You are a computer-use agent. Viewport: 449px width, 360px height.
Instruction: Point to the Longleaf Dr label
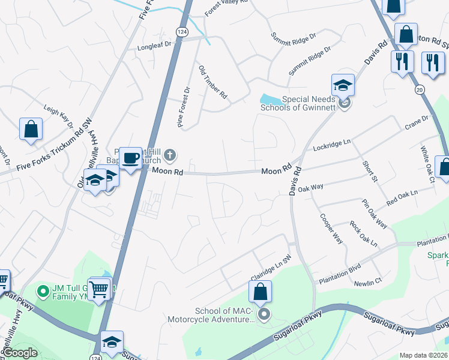point(154,44)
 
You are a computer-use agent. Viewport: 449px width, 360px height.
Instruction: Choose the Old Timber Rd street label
point(212,82)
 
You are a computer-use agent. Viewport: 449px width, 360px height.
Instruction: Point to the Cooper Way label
point(331,229)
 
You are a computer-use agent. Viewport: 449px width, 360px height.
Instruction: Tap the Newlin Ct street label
point(367,282)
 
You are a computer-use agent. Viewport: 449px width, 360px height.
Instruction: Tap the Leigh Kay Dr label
point(58,116)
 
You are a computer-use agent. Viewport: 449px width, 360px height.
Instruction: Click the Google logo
point(20,353)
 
